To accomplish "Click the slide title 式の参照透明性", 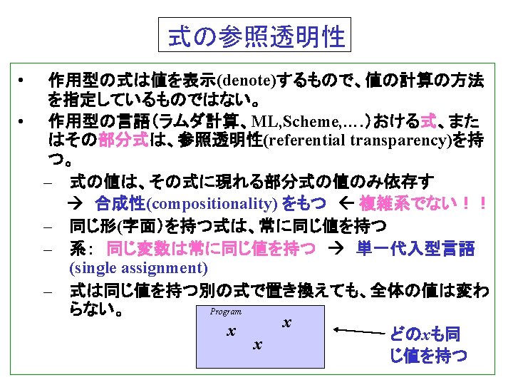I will pos(256,36).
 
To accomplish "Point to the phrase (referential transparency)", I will pos(354,139).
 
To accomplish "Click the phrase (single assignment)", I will pos(139,268).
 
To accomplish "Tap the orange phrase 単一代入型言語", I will pos(415,248).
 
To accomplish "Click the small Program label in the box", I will pos(225,312).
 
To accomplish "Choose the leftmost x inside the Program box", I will pos(229,332).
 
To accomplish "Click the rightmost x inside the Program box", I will pos(286,322).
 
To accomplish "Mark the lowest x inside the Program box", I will pos(257,345).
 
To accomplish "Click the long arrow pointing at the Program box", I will pos(359,330).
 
